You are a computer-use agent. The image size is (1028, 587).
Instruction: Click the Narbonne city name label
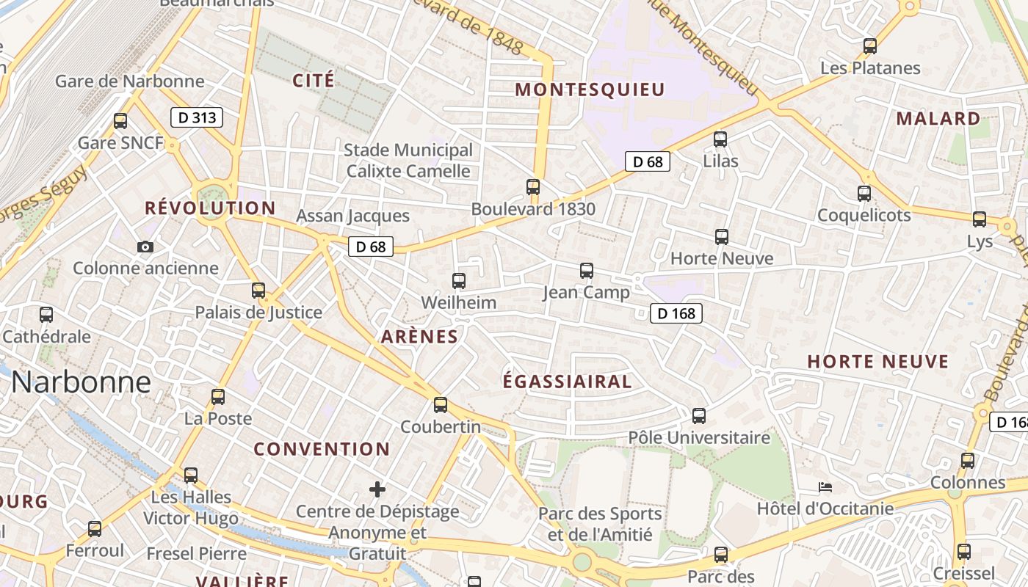[x=81, y=382]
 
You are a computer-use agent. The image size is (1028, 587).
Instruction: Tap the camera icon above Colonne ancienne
[x=145, y=247]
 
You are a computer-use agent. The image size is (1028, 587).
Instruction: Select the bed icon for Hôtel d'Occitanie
[x=825, y=487]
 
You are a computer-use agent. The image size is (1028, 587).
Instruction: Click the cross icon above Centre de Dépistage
[x=377, y=489]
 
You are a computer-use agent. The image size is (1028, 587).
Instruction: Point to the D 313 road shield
[x=197, y=117]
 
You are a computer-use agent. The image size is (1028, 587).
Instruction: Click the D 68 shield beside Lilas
[x=648, y=161]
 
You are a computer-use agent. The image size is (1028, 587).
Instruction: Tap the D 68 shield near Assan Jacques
[x=371, y=247]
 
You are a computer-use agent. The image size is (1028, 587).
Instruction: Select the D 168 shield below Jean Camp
[x=676, y=313]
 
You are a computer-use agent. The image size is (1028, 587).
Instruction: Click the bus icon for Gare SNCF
[x=120, y=121]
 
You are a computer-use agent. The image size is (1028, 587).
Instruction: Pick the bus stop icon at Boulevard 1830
[x=533, y=187]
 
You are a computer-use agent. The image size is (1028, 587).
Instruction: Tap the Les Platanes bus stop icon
[x=870, y=46]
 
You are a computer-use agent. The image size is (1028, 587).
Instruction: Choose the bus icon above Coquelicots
[x=864, y=194]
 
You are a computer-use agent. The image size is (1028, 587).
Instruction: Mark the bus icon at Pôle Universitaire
[x=699, y=416]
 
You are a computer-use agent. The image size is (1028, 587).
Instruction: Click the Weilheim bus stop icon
[x=459, y=281]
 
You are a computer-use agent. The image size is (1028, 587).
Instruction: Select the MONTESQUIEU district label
[x=590, y=90]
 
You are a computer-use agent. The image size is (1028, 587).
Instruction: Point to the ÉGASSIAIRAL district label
[x=567, y=382]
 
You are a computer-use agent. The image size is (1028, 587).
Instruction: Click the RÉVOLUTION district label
[x=210, y=208]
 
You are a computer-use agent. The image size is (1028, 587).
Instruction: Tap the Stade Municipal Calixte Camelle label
[x=408, y=161]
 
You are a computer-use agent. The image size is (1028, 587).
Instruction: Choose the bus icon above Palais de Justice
[x=258, y=290]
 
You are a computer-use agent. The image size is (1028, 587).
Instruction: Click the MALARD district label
[x=938, y=119]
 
